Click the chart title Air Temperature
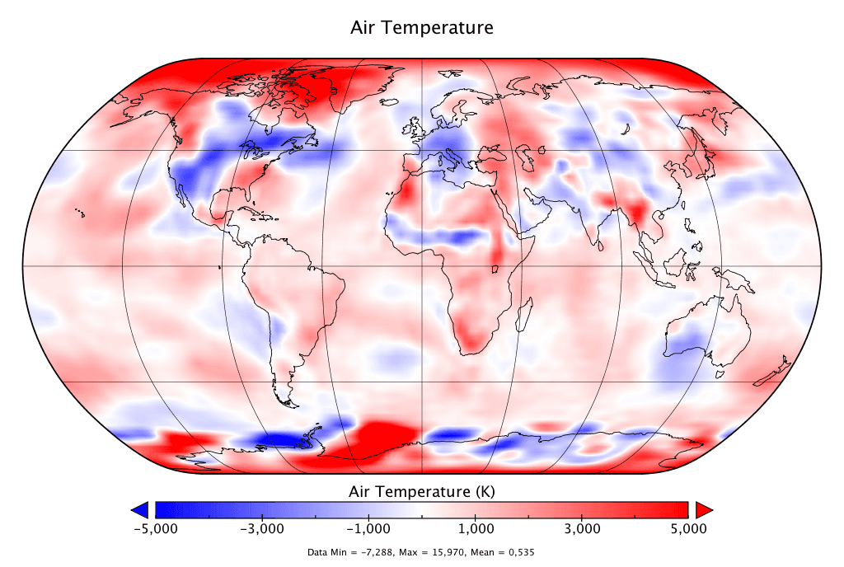422,27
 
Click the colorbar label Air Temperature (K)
422,492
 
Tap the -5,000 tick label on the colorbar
155,528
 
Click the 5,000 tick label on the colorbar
688,528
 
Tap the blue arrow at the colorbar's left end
140,508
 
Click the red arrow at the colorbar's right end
703,508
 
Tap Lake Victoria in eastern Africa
496,269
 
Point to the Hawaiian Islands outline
80,213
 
